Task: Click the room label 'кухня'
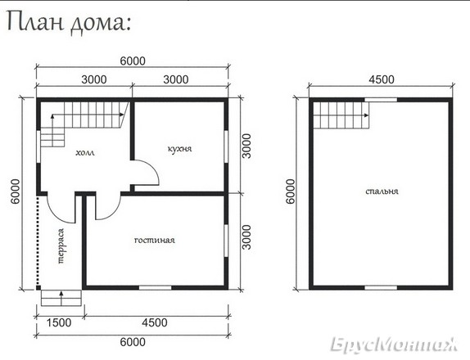(179, 149)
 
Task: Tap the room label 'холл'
(85, 153)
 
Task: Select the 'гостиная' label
(155, 241)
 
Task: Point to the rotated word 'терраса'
(61, 246)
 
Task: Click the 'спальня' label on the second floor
(382, 191)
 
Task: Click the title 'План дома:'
(68, 22)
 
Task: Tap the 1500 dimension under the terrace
(59, 322)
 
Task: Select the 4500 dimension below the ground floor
(155, 322)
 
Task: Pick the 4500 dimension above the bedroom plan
(382, 79)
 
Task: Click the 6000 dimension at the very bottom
(133, 342)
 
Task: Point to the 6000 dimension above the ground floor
(133, 61)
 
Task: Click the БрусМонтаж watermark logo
(394, 344)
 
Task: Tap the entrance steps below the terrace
(61, 298)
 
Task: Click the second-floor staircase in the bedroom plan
(341, 115)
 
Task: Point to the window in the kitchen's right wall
(226, 146)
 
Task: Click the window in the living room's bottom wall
(155, 288)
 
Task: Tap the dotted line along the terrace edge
(38, 241)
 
